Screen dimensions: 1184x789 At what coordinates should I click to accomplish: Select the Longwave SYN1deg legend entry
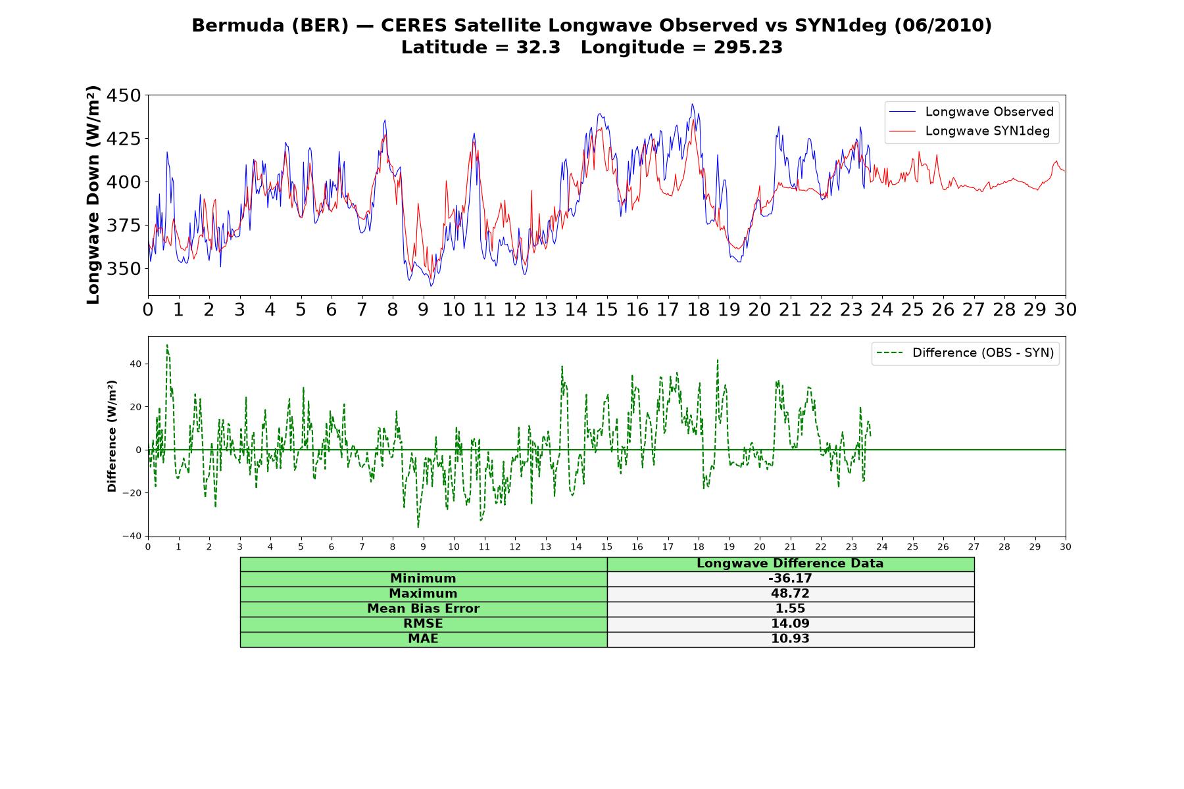(970, 131)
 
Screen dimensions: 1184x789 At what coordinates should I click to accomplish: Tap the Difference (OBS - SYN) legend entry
(965, 353)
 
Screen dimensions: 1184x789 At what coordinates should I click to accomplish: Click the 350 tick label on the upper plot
(124, 268)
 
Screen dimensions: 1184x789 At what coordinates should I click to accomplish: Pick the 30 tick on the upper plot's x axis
(1066, 310)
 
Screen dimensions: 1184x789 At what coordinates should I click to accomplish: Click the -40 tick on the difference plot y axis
(132, 536)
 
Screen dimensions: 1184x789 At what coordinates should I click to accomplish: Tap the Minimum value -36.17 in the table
(790, 579)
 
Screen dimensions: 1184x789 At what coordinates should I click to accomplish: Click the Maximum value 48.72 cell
(790, 594)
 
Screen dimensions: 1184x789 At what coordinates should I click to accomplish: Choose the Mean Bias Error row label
(423, 609)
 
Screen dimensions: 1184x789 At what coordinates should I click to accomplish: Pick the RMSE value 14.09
(790, 624)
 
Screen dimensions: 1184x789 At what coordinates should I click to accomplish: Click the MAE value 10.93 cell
(790, 639)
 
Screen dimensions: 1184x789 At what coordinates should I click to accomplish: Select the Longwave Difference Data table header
(790, 563)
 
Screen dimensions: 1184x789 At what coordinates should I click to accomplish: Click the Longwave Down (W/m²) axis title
(93, 195)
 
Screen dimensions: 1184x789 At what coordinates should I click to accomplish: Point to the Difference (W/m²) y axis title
(112, 436)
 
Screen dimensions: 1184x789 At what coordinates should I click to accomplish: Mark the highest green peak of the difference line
(167, 345)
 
